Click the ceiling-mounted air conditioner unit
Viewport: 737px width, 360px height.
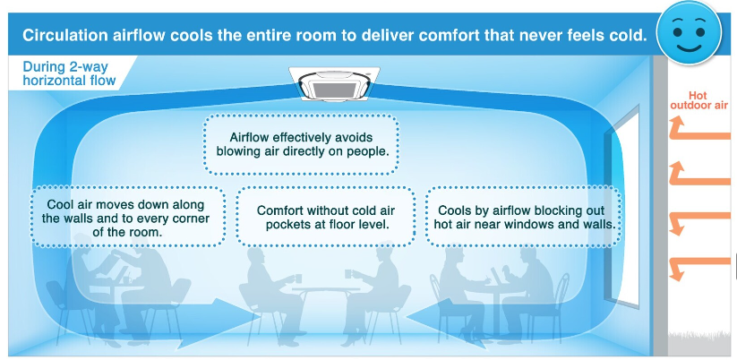pyautogui.click(x=334, y=83)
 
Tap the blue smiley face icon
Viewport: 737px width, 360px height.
pyautogui.click(x=689, y=33)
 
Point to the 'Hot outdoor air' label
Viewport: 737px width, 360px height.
pyautogui.click(x=698, y=100)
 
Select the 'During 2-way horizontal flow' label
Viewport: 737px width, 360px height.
pyautogui.click(x=69, y=73)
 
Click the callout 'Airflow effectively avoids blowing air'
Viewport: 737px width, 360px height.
pyautogui.click(x=301, y=144)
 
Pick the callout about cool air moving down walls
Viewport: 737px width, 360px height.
pyautogui.click(x=127, y=217)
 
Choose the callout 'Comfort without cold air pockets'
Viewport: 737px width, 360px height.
pyautogui.click(x=325, y=217)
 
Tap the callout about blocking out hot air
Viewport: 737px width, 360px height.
pyautogui.click(x=524, y=217)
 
